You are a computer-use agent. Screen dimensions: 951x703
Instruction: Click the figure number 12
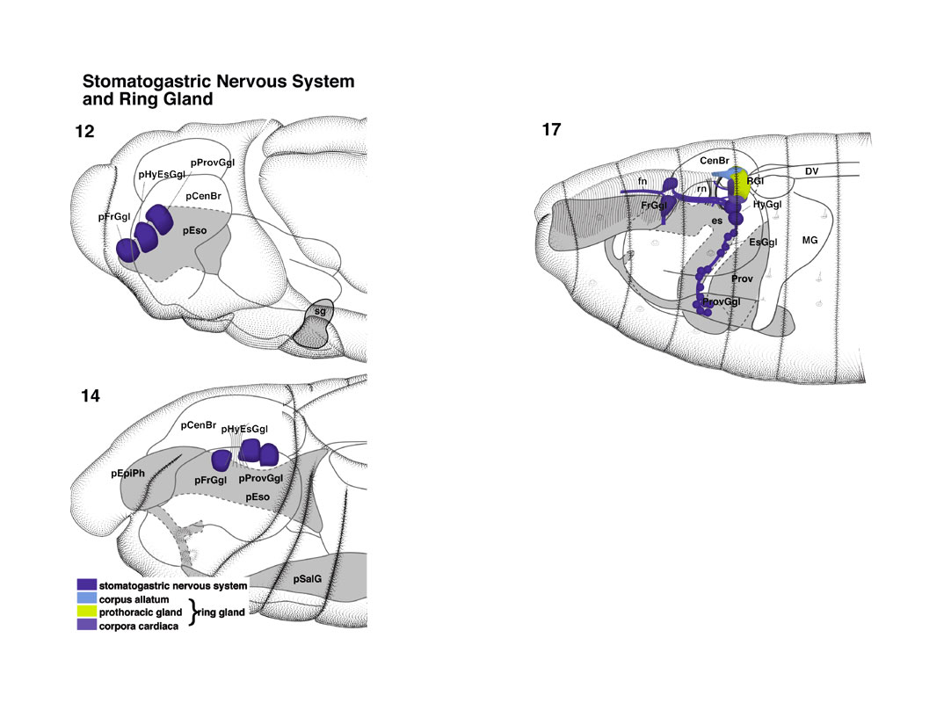(x=84, y=131)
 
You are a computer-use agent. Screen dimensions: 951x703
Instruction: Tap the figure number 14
(x=91, y=395)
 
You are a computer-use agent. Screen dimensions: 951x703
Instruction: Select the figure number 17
(x=551, y=129)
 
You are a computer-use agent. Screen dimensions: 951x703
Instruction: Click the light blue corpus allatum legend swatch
(x=87, y=598)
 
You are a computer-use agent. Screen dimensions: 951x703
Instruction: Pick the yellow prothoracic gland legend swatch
(x=87, y=612)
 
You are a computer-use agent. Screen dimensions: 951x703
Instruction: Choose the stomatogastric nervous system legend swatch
(x=87, y=584)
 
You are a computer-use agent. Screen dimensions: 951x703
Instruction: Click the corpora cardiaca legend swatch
(x=87, y=625)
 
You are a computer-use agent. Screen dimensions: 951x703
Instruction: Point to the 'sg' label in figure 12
(x=320, y=312)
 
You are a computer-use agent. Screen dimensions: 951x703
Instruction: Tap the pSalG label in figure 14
(x=308, y=578)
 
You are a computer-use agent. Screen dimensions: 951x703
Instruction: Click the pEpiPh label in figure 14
(x=128, y=473)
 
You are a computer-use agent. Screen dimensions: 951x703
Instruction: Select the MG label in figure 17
(x=809, y=240)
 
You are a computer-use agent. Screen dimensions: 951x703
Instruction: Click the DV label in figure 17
(x=811, y=171)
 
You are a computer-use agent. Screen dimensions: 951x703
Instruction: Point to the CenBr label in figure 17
(x=715, y=161)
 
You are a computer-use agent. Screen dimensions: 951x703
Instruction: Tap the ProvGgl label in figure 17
(x=721, y=301)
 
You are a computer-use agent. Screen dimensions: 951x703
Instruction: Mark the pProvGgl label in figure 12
(x=213, y=163)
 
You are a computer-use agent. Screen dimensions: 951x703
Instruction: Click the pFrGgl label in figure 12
(x=114, y=216)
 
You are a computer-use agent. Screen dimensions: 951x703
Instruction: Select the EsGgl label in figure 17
(x=763, y=242)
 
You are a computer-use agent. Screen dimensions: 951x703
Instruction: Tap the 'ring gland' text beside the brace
(x=221, y=612)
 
